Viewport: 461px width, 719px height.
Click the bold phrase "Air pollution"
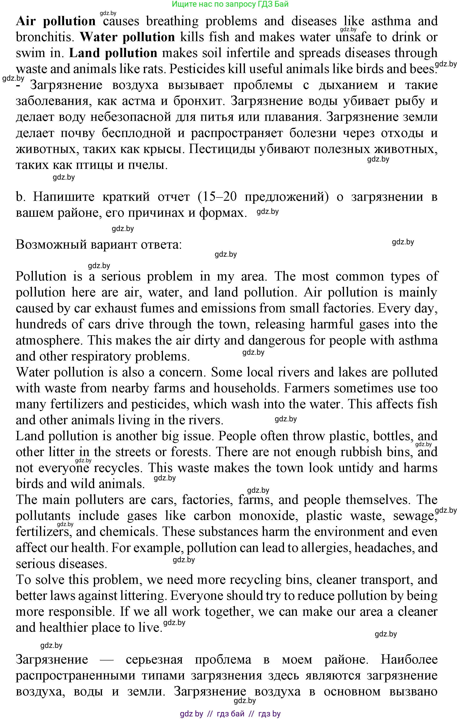(56, 21)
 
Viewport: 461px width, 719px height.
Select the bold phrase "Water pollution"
(127, 37)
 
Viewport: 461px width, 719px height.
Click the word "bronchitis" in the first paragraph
(45, 37)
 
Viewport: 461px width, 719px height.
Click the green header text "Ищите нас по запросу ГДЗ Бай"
(230, 4)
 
